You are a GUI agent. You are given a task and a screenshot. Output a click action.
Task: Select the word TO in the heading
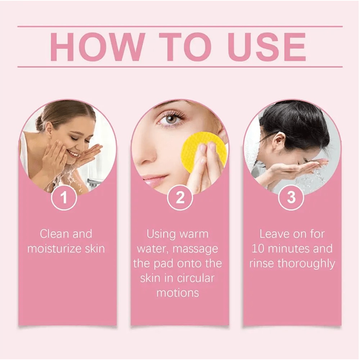pos(180,47)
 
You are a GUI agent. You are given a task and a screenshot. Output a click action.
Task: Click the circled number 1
pos(64,198)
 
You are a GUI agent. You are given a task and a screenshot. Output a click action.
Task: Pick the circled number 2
pos(180,198)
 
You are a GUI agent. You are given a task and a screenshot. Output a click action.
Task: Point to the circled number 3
pos(291,198)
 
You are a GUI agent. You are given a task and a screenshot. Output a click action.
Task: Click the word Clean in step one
pos(54,234)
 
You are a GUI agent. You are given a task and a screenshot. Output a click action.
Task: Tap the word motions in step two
pos(177,293)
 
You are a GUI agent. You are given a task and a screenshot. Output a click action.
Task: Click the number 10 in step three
pos(258,249)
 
